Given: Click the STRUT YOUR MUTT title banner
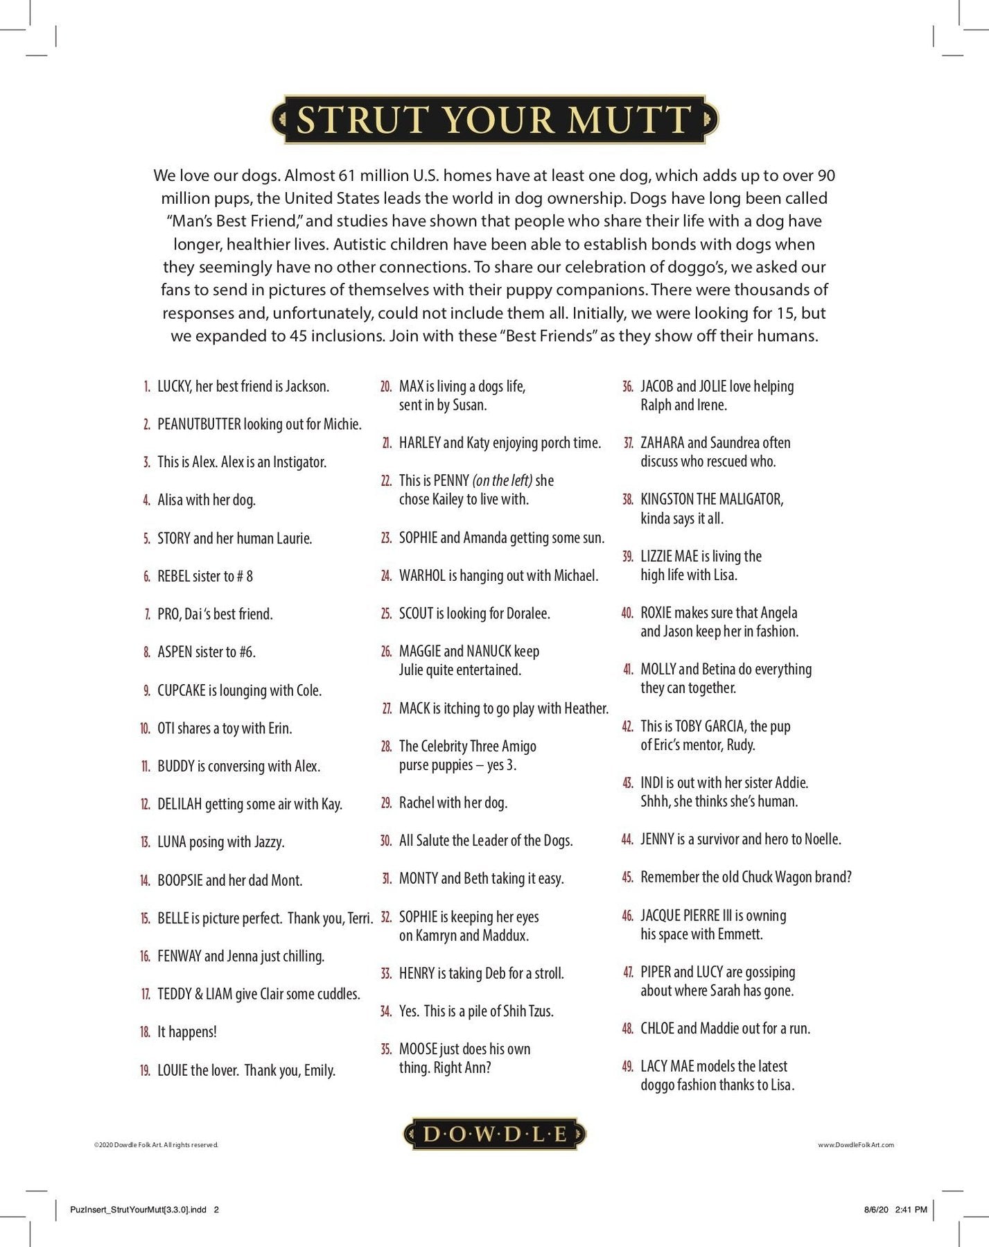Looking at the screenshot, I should pos(494,119).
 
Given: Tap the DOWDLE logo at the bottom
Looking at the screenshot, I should pos(494,1135).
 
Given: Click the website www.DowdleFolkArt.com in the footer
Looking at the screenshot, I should pos(856,1144).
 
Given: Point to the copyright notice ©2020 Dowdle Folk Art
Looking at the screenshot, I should pos(156,1144).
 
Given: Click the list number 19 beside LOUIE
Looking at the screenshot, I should pos(145,1070).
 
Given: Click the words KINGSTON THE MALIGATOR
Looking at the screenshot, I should pos(712,499).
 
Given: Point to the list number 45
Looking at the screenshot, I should pos(627,877).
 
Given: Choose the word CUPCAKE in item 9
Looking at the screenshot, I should pos(182,690).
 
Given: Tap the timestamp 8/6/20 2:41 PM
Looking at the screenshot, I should pos(895,1210).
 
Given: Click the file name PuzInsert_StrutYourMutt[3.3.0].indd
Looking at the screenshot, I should pos(138,1210).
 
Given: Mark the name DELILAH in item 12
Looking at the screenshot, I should pos(180,804).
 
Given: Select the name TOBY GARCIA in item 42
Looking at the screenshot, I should pos(710,726).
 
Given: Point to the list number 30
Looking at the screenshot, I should pos(386,841).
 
